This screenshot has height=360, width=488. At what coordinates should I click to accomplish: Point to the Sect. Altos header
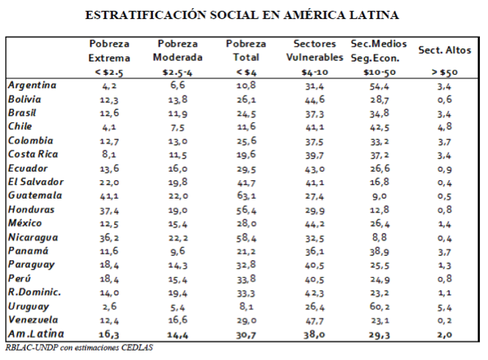coord(444,51)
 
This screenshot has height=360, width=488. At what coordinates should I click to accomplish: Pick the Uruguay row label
coord(29,305)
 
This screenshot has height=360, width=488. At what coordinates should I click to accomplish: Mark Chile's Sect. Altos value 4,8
coord(444,126)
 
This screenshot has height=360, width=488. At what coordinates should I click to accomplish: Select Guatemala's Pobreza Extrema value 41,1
coord(107,195)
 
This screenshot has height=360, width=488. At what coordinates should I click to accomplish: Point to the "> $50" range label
coord(444,73)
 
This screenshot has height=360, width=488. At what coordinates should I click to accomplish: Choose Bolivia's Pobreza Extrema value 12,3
coord(107,99)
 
